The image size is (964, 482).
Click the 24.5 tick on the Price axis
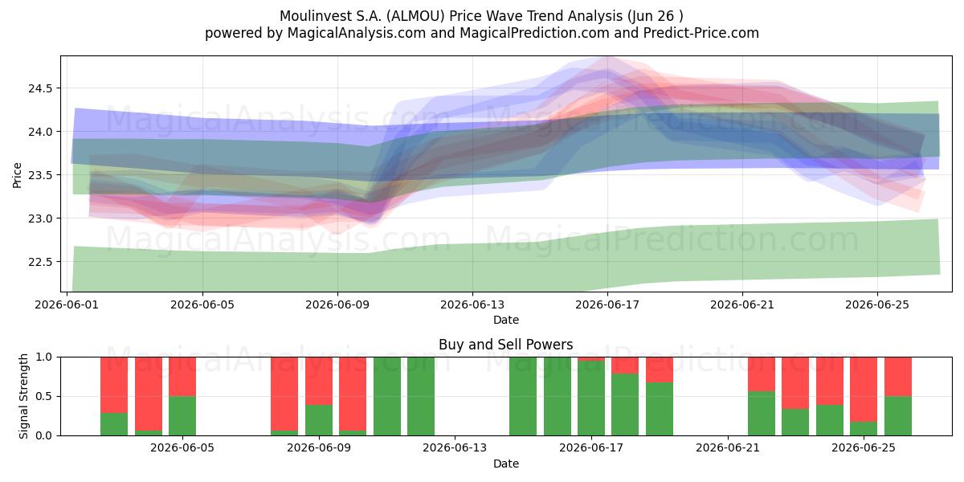click(40, 88)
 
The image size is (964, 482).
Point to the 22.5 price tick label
click(40, 262)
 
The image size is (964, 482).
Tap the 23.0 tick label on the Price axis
click(40, 219)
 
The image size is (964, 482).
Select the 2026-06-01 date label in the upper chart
click(67, 304)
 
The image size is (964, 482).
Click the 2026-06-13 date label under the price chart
click(472, 304)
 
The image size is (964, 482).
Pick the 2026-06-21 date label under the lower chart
click(728, 447)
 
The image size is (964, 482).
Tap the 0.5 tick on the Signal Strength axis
click(44, 396)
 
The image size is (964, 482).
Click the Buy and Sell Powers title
click(505, 345)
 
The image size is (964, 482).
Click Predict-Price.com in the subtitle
click(701, 33)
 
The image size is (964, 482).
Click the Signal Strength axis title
click(23, 396)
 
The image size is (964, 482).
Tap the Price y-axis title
click(17, 175)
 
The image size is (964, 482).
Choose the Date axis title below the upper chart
click(505, 320)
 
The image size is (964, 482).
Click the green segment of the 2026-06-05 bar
click(182, 416)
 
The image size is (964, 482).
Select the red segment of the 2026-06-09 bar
click(319, 381)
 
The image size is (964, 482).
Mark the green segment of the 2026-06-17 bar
click(591, 398)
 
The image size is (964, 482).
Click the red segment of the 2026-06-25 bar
click(864, 390)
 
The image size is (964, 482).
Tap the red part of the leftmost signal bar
click(114, 385)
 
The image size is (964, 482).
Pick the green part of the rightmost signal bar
click(898, 416)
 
